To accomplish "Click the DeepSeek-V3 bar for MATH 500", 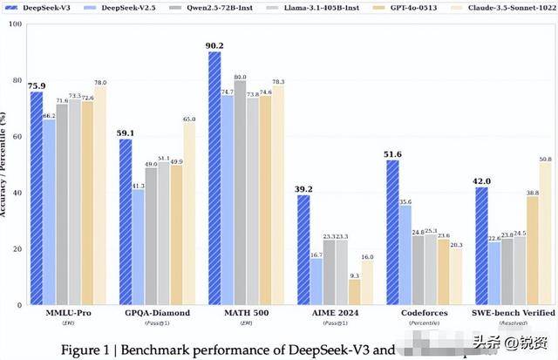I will click(214, 179).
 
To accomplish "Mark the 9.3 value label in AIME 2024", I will click(353, 275).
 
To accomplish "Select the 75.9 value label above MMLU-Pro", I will click(37, 86).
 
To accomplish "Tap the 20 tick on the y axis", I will click(17, 249).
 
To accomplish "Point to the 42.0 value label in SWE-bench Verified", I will click(482, 181).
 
